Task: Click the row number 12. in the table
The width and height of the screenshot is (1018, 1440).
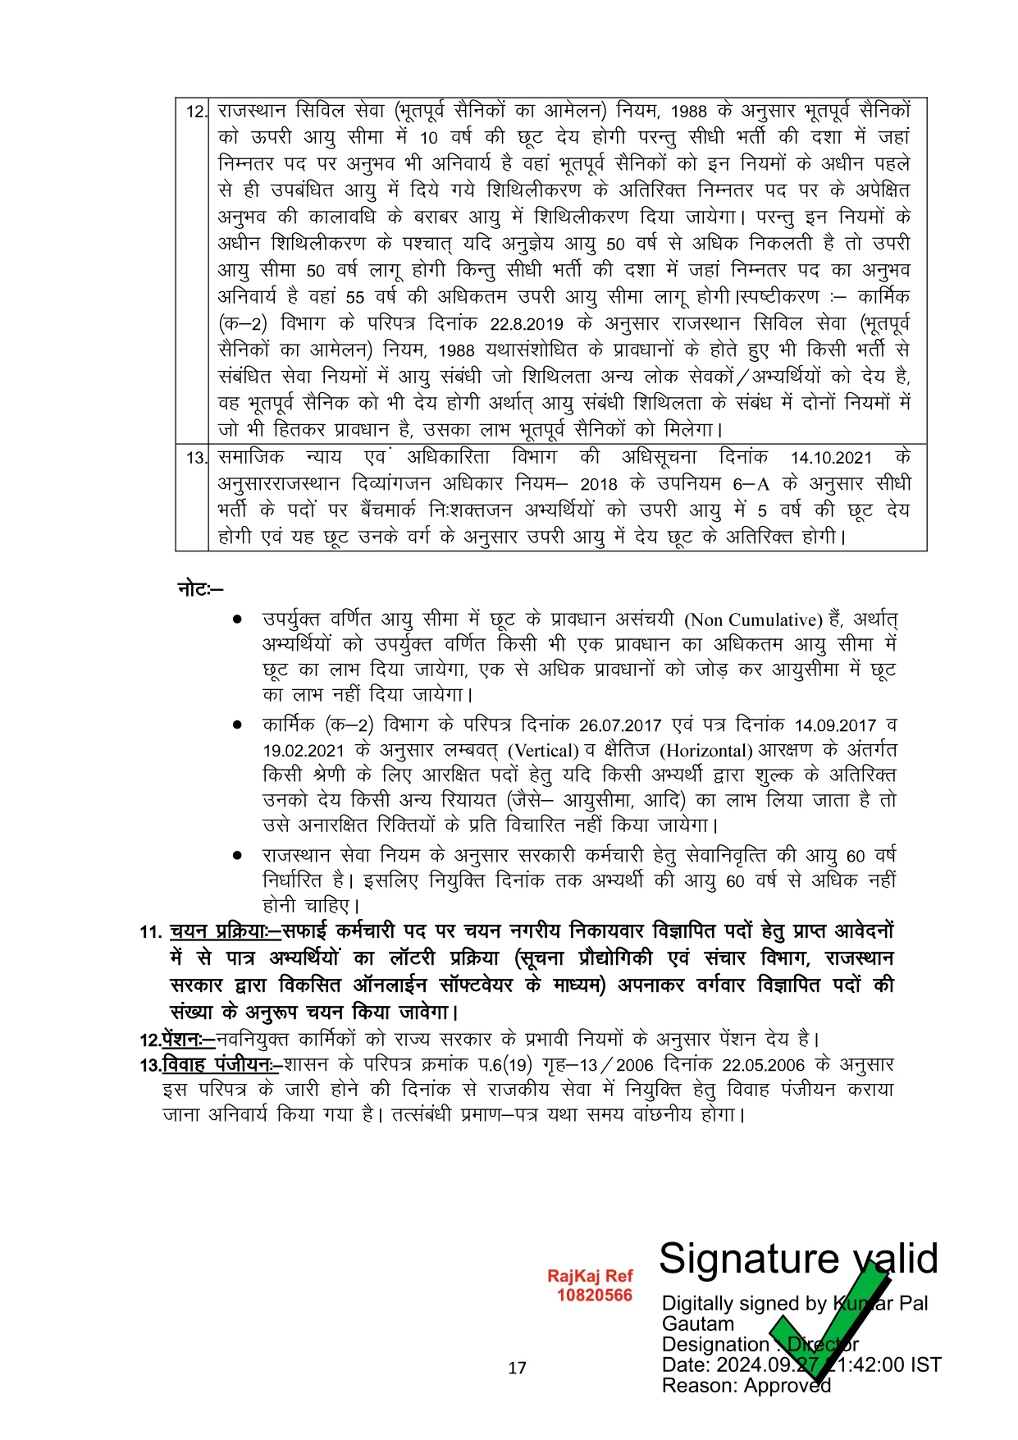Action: point(196,112)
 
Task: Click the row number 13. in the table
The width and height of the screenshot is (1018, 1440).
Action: point(196,458)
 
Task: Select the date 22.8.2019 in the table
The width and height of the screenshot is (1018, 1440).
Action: point(525,324)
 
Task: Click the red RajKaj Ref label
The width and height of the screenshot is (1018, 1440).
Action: point(590,1276)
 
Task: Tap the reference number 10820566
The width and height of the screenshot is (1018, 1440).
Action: point(595,1295)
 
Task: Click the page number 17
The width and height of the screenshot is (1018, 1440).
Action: point(517,1368)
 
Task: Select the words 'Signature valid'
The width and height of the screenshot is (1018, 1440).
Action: point(797,1258)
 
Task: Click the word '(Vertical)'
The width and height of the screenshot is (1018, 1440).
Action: point(543,751)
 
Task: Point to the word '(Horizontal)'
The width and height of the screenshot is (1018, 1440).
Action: point(706,751)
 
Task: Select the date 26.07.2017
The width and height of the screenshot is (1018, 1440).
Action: point(619,725)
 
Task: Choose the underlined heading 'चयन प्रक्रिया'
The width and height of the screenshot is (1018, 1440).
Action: point(218,931)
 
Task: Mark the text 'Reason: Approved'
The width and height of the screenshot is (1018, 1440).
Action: point(746,1385)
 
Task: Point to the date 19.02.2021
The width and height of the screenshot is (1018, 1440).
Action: point(304,751)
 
